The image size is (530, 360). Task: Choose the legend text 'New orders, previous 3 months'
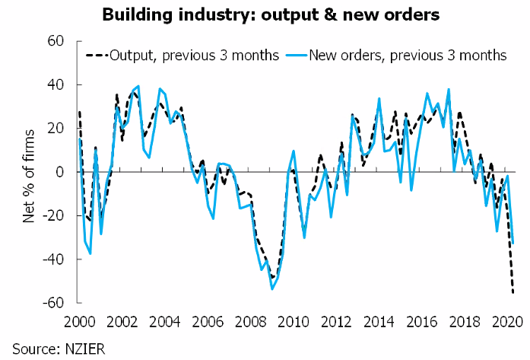click(408, 55)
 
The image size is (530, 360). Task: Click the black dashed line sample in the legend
click(97, 55)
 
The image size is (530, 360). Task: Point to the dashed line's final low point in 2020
click(513, 292)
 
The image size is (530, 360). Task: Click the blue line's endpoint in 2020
click(513, 244)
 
